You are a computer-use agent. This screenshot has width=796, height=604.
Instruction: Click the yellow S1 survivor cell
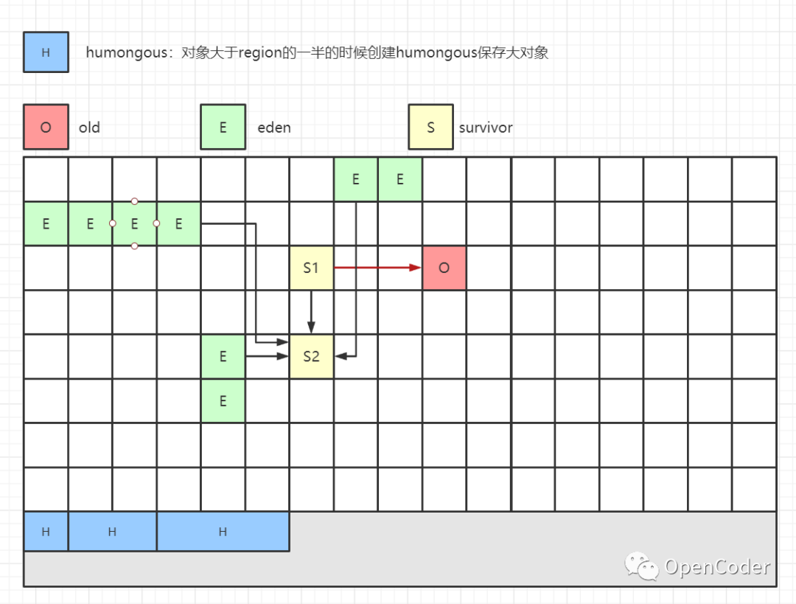pyautogui.click(x=311, y=268)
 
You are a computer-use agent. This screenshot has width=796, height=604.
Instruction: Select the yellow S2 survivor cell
pyautogui.click(x=311, y=356)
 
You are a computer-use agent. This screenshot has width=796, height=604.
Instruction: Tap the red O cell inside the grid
pyautogui.click(x=444, y=268)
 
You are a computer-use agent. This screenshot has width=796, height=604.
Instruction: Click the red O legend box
pyautogui.click(x=46, y=127)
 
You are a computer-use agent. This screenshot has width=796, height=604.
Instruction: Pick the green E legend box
pyautogui.click(x=223, y=127)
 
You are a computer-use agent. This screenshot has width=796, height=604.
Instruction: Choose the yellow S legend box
pyautogui.click(x=430, y=127)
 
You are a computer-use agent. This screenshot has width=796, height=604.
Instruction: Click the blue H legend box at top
pyautogui.click(x=46, y=52)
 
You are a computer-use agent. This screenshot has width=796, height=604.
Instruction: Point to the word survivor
pyautogui.click(x=486, y=128)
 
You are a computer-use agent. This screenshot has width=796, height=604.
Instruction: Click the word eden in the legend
pyautogui.click(x=274, y=128)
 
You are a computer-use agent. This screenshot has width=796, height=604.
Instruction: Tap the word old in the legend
pyautogui.click(x=89, y=128)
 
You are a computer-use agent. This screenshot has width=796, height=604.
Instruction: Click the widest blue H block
pyautogui.click(x=223, y=532)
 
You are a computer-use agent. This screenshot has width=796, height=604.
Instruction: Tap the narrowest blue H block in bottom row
pyautogui.click(x=46, y=532)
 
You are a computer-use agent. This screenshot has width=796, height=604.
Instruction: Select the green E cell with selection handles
pyautogui.click(x=134, y=223)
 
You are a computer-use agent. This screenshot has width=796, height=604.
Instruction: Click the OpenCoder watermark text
pyautogui.click(x=716, y=567)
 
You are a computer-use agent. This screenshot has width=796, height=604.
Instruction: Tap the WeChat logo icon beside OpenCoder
pyautogui.click(x=642, y=566)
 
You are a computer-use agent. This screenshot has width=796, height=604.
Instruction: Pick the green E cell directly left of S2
pyautogui.click(x=223, y=356)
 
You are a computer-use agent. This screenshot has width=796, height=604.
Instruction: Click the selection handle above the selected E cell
pyautogui.click(x=134, y=201)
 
